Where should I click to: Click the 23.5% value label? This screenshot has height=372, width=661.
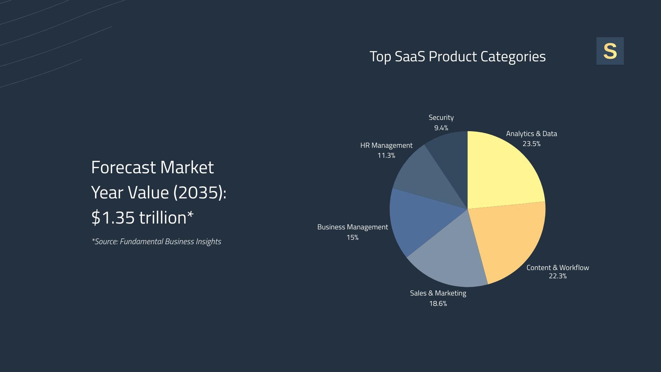[x=531, y=144]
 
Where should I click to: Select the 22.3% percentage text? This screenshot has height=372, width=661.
[x=557, y=276]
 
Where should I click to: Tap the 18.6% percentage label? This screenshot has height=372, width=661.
[x=438, y=303]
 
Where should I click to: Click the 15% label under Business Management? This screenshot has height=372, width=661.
[x=352, y=238]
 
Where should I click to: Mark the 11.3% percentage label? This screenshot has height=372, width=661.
[x=386, y=155]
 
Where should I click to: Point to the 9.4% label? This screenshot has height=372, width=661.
[x=441, y=128]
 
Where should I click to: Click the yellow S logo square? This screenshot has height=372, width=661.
[x=610, y=51]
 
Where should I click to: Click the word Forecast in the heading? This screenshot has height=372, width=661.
[x=123, y=167]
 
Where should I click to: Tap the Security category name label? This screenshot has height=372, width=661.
[x=441, y=117]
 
